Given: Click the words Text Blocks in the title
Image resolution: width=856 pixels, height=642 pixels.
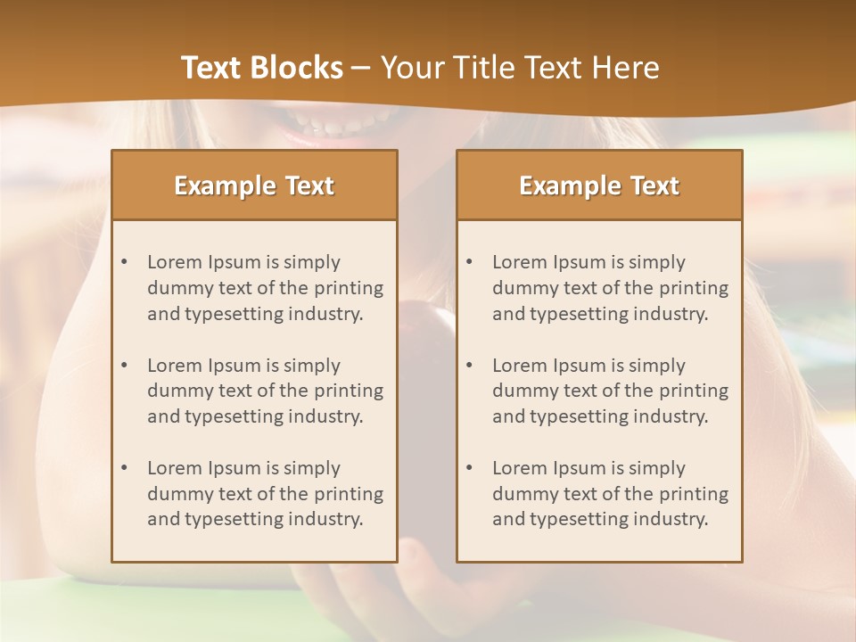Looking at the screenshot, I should pos(261,68).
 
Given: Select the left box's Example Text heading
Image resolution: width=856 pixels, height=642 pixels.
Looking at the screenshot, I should pos(254,185).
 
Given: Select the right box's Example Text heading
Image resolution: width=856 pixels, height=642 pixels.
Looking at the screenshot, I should pos(599,185).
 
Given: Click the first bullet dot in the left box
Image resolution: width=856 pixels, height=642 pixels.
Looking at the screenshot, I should pos(124,262).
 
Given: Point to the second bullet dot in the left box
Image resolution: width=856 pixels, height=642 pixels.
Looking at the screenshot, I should pos(124,366).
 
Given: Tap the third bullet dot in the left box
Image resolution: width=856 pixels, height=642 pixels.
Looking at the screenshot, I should pos(124,468).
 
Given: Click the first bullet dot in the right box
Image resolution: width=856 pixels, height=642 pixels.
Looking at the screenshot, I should pos(469,262).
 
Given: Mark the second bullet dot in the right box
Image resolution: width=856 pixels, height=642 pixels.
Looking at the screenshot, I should pos(469,366).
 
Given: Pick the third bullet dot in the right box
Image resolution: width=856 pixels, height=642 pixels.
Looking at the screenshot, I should pos(469,468).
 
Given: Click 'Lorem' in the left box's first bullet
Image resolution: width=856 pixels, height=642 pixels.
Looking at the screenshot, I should pos(175,262).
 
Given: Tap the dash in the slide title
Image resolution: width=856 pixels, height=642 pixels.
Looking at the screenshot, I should pos(361,68).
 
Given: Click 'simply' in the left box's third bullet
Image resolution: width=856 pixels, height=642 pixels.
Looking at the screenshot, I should pos(311,468).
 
